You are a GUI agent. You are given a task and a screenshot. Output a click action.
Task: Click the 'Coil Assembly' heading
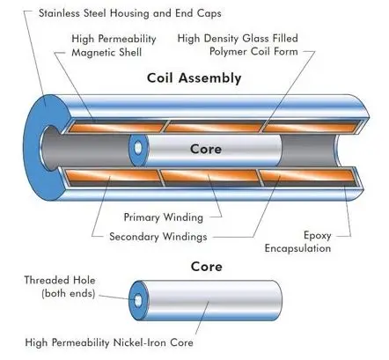[x=194, y=78]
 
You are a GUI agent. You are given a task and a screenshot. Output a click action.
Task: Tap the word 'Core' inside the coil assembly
[x=206, y=149]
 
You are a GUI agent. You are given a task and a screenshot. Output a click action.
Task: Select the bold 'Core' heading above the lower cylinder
[x=206, y=267]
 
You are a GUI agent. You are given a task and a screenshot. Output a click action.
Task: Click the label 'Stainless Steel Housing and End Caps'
[x=130, y=13]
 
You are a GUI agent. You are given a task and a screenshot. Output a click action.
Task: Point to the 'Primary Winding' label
[x=164, y=217]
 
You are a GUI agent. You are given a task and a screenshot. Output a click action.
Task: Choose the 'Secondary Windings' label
[x=158, y=237]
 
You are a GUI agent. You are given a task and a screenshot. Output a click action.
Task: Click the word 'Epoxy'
[x=317, y=236]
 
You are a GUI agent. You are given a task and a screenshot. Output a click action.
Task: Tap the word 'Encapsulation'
[x=297, y=248]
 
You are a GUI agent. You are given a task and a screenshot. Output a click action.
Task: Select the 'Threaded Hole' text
[x=60, y=280]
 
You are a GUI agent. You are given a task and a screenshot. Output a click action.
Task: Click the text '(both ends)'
[x=69, y=293]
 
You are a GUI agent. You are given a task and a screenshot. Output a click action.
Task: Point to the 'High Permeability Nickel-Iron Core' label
[x=109, y=342]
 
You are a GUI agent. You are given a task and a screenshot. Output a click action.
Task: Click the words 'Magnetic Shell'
[x=106, y=53]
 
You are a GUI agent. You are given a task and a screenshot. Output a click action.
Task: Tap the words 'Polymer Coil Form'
[x=253, y=52]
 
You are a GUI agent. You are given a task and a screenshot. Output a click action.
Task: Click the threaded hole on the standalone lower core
[x=137, y=300]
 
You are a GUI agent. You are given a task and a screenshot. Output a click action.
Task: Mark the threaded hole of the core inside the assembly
[x=138, y=148]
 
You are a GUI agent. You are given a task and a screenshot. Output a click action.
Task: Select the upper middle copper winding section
[x=214, y=128]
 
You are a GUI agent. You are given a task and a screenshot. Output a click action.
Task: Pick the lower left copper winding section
[x=113, y=176]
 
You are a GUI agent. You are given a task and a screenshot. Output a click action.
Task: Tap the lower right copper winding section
[x=307, y=176]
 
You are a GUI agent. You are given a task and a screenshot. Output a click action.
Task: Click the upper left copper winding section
[x=116, y=128]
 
